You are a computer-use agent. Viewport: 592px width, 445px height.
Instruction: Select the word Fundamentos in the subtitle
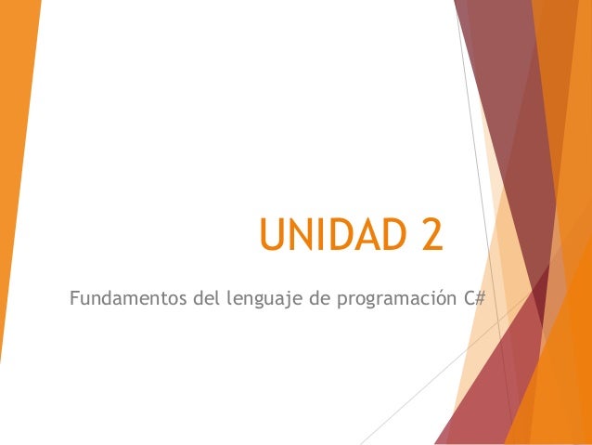point(125,299)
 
